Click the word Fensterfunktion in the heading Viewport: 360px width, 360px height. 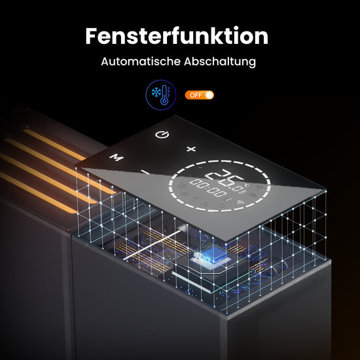[177, 36]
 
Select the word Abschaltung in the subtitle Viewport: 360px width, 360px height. [220, 62]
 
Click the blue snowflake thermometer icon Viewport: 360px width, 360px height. [161, 95]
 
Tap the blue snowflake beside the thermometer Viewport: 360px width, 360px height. [156, 92]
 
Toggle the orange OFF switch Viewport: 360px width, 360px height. [199, 95]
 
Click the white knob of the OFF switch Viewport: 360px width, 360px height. [209, 95]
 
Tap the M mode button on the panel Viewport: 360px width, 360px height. [117, 157]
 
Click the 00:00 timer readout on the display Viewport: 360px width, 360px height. [208, 188]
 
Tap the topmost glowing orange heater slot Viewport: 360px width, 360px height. [54, 144]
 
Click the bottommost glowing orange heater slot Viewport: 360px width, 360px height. [39, 192]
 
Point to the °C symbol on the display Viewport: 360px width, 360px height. [247, 185]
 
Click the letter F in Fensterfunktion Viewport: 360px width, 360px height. [91, 36]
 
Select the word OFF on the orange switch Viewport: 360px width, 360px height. [196, 95]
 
